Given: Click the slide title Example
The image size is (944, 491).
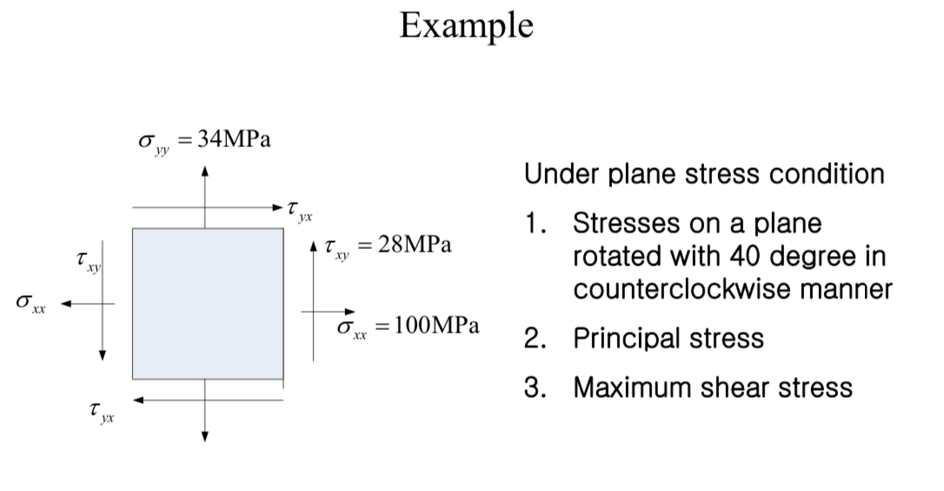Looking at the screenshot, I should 466,26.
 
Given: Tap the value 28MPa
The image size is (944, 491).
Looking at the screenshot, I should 415,245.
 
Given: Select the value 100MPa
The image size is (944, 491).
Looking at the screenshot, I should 435,326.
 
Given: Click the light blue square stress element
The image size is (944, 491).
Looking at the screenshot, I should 208,303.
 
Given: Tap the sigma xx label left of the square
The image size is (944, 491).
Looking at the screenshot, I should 32,303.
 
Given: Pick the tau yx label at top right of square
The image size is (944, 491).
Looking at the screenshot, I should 299,209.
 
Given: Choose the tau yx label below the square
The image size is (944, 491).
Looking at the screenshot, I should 102,412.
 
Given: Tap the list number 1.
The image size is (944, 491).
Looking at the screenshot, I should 534,224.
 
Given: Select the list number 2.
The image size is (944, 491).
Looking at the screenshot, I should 534,338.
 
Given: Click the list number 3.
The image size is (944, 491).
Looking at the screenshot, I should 534,387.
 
